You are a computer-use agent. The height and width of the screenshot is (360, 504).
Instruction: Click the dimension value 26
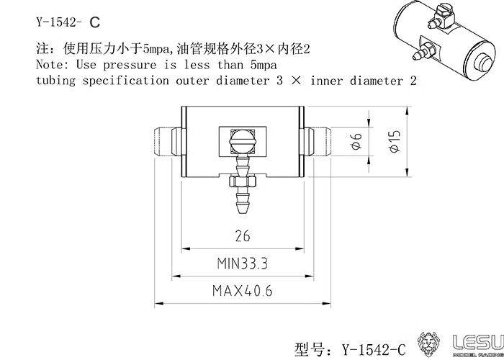click(243, 237)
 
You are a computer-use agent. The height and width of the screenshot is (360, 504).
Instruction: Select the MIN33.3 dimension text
click(242, 264)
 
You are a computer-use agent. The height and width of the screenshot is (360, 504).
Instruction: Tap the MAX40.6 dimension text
click(242, 291)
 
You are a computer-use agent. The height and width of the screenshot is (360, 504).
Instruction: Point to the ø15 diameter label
click(394, 141)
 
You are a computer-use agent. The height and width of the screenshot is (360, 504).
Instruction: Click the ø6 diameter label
click(356, 141)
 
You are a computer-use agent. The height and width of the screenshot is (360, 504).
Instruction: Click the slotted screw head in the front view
click(243, 142)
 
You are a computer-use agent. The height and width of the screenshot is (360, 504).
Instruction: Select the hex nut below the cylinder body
click(243, 182)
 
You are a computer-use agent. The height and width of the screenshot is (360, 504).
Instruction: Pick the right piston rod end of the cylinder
click(318, 142)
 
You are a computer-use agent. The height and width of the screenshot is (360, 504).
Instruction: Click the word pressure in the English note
click(130, 66)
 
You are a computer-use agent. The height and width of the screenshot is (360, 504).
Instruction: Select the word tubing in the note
click(55, 81)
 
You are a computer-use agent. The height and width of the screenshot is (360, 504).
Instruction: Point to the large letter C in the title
click(95, 23)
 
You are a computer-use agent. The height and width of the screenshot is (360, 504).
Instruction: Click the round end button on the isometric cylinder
click(482, 63)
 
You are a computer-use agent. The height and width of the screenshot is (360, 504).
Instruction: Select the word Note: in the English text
click(52, 65)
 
